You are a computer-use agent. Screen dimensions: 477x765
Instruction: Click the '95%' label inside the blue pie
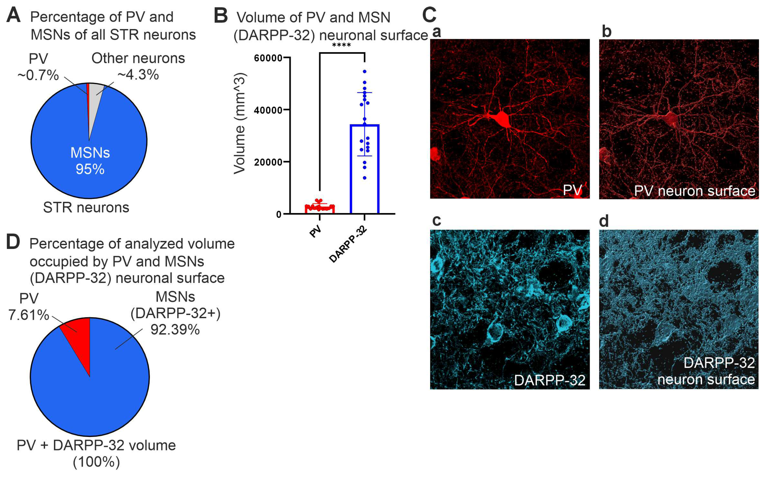(x=90, y=169)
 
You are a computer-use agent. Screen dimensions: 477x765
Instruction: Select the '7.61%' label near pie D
(x=29, y=315)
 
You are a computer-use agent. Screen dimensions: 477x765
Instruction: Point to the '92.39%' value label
(x=175, y=330)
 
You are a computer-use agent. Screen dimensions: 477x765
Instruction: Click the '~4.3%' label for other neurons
(x=138, y=75)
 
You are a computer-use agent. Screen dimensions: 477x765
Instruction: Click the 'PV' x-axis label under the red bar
(x=315, y=232)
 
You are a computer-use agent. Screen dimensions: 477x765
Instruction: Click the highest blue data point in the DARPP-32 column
(x=365, y=72)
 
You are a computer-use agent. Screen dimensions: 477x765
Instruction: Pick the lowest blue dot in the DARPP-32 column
(x=365, y=178)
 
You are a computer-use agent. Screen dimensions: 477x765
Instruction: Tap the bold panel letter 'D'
(x=13, y=242)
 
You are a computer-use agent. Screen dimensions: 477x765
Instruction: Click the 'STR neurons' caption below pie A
(x=86, y=207)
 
